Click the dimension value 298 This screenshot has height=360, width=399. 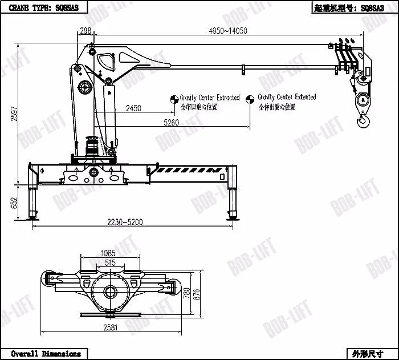point(86,30)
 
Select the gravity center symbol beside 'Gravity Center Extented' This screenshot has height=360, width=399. point(250,100)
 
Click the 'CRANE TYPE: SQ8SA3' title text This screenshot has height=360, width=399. point(44,9)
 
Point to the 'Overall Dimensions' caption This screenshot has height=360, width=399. point(46,354)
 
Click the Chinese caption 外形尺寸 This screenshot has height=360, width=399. point(368,354)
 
